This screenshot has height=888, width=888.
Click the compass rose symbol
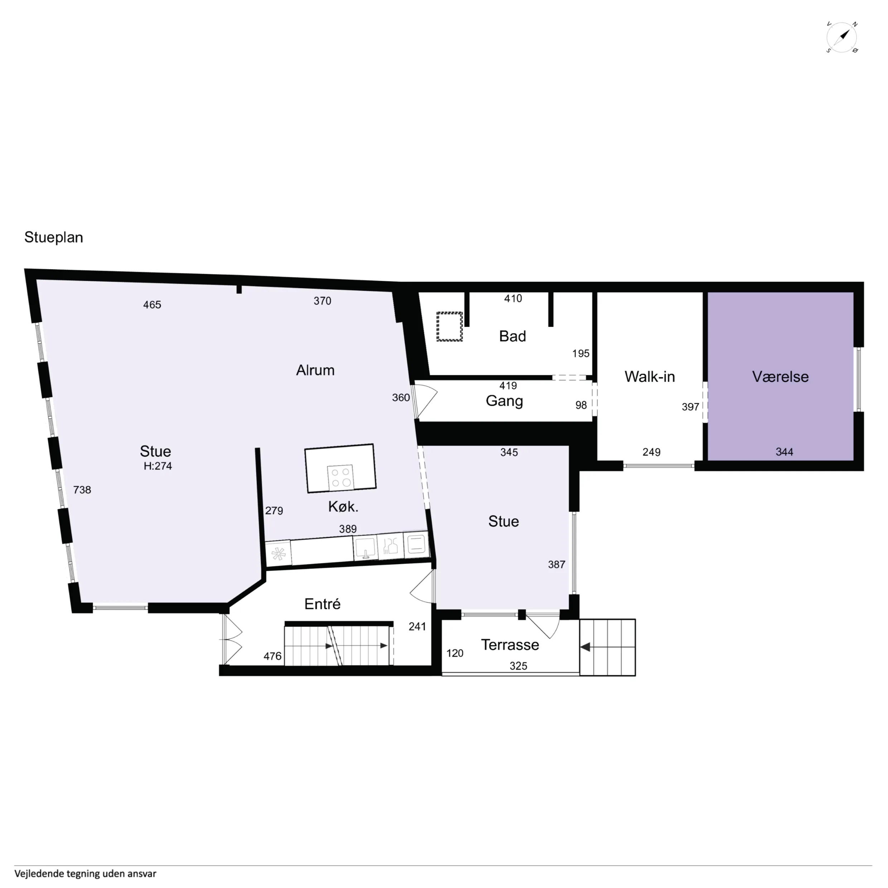coord(842,37)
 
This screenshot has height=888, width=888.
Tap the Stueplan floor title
coord(54,237)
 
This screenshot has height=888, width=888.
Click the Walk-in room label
coord(650,376)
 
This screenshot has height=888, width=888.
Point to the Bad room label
coord(512,336)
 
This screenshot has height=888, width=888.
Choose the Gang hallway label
coord(504,401)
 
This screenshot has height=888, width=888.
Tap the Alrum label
coord(315,370)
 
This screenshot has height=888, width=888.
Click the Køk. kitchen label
coord(343,507)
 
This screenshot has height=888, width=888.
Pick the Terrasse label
coord(510,645)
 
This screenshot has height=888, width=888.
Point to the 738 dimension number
coord(82,489)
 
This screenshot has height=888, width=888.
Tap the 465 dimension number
coord(152,305)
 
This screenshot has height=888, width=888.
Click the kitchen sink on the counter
coord(365,547)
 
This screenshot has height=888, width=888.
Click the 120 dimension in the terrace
coord(455,653)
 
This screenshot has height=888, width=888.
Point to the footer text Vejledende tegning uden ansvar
coord(86,873)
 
